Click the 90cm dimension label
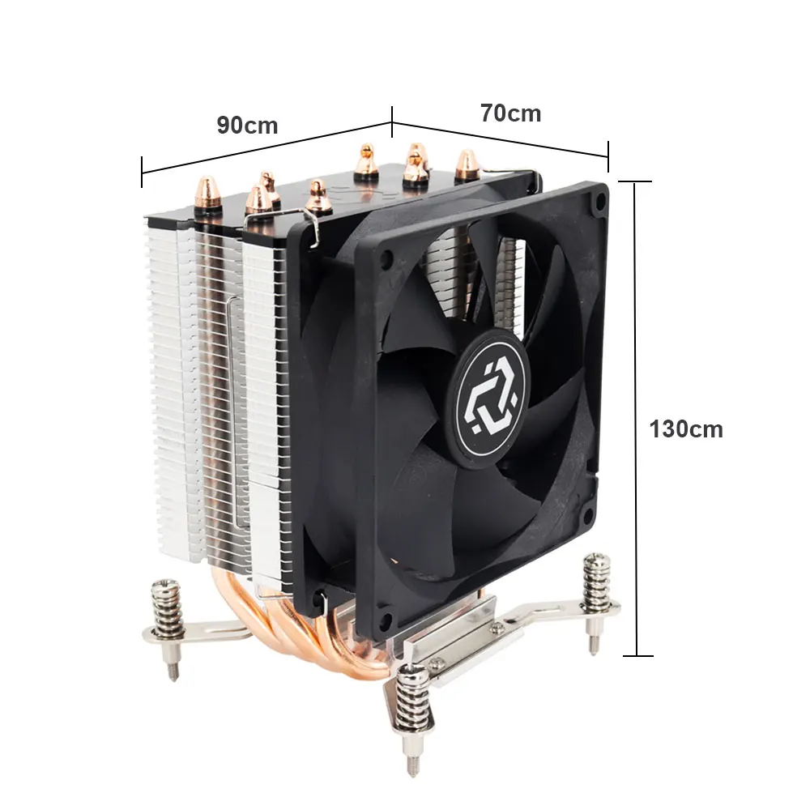[x=247, y=126]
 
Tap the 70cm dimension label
[x=510, y=113]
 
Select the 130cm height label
[x=685, y=429]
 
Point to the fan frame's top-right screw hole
[x=599, y=200]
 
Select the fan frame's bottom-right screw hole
[x=588, y=515]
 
